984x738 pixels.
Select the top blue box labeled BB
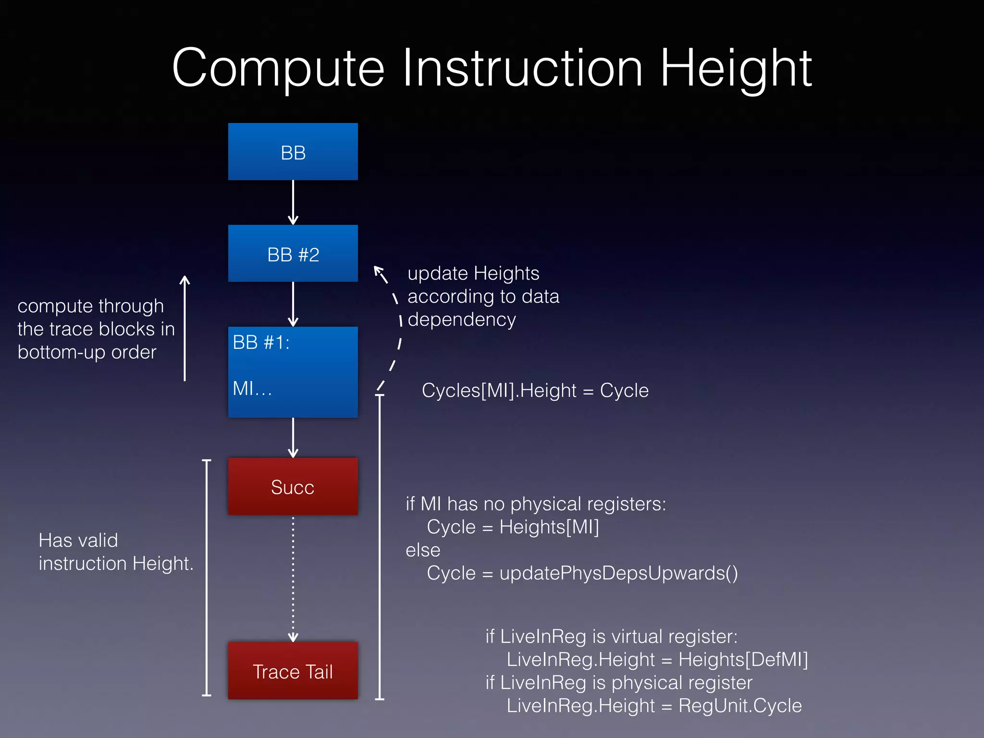coord(293,152)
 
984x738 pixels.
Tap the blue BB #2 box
coord(293,254)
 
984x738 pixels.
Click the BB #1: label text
coord(261,343)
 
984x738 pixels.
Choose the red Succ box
coord(293,486)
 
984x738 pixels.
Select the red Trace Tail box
coord(293,671)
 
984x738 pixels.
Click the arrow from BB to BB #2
coord(293,202)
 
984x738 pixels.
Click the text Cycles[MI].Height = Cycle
coord(535,391)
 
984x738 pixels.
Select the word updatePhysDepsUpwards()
coord(618,573)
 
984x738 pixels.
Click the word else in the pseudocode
coord(423,550)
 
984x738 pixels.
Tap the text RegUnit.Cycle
coord(740,706)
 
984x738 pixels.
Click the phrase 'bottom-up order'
coord(87,352)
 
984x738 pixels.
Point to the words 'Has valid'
coord(78,541)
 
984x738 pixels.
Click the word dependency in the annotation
coord(462,320)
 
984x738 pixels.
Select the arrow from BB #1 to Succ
coord(293,437)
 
